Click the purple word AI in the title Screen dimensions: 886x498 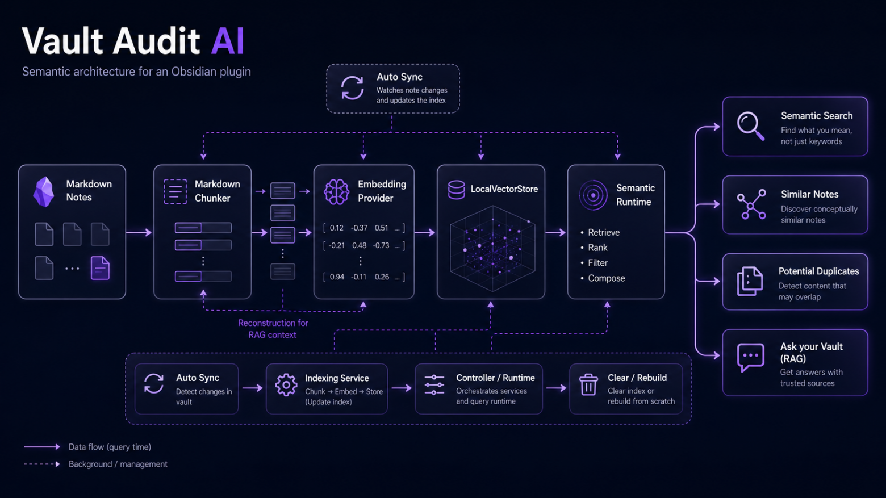tap(227, 41)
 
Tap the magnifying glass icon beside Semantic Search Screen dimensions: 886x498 tap(750, 126)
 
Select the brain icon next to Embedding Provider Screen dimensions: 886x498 tap(337, 192)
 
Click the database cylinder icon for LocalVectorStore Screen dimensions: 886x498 tap(456, 190)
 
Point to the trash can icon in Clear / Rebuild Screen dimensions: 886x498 tap(588, 384)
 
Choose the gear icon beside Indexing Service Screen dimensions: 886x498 tap(286, 384)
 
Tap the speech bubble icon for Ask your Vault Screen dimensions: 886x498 tap(750, 357)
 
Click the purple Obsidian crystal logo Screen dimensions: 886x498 tap(44, 192)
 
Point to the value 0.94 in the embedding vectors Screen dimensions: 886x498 tap(337, 277)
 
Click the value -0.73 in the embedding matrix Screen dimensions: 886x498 tap(381, 245)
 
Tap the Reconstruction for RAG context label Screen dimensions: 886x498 tap(273, 329)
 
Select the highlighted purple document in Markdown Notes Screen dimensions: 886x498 tap(100, 268)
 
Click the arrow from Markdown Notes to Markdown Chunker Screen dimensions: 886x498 tap(139, 232)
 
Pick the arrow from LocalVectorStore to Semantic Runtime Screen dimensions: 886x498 tap(555, 232)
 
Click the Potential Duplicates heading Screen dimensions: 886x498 tap(818, 271)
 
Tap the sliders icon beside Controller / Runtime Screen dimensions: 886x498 tap(434, 384)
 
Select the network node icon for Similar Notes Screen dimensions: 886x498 tap(751, 204)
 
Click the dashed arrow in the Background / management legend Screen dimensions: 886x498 tap(42, 464)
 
